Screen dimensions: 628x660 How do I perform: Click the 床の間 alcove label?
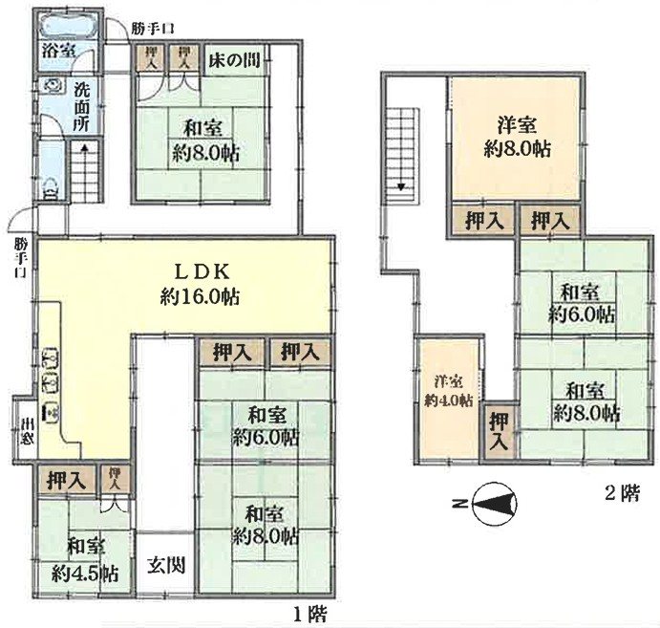point(232,57)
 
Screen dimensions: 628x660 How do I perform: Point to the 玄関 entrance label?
point(165,564)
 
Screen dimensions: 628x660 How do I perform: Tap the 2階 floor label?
point(620,494)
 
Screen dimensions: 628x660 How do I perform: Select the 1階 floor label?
point(306,612)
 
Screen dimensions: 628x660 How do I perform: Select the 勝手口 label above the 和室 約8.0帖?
point(151,27)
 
